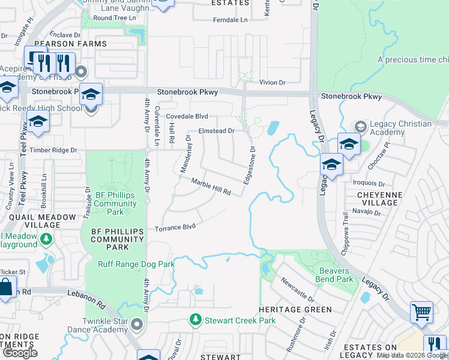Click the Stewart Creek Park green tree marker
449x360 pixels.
[194, 320]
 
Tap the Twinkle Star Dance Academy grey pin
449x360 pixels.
[137, 325]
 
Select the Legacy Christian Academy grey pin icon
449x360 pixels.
[360, 127]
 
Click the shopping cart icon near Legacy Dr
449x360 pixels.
[421, 312]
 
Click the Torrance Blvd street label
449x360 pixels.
[175, 227]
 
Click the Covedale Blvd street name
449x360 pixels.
[187, 116]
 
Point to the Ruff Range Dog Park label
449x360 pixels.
[136, 264]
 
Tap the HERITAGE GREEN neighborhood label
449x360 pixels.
[295, 310]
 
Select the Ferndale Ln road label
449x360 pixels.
[230, 20]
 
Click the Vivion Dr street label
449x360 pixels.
[272, 82]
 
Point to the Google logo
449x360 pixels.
[20, 353]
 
